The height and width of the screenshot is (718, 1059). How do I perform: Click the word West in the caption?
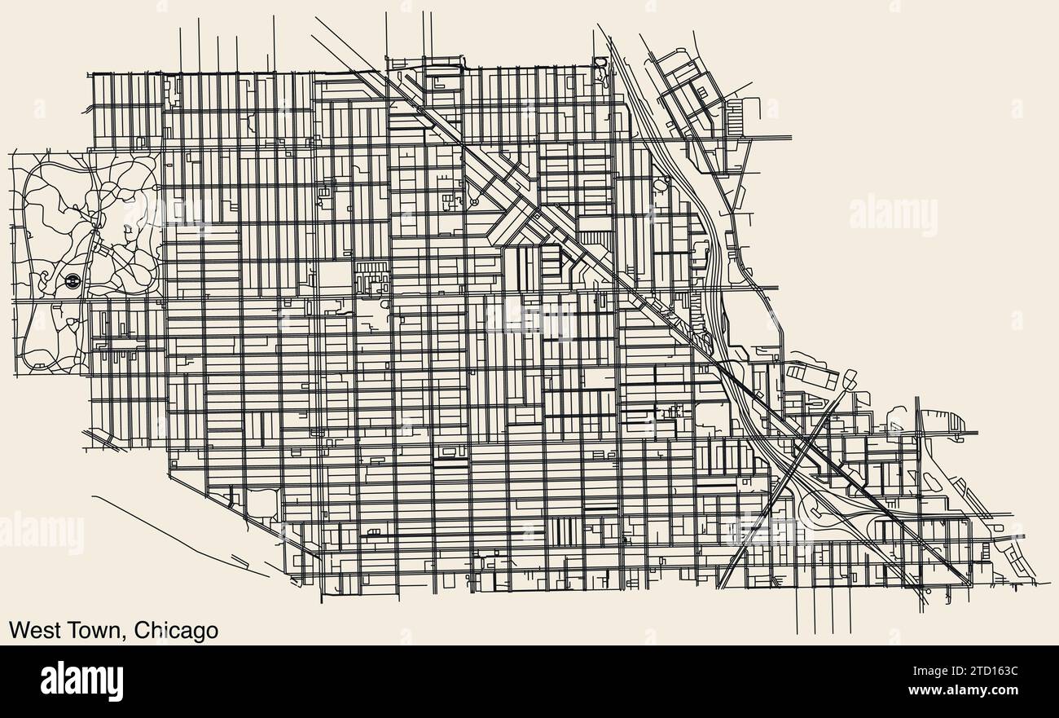click(32, 631)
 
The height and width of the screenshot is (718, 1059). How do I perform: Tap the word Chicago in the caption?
click(176, 632)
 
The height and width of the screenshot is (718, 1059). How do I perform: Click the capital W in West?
click(17, 631)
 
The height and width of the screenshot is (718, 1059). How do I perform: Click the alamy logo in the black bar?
click(81, 681)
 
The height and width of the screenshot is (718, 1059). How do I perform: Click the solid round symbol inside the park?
click(72, 281)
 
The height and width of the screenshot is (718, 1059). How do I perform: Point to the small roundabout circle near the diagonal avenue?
click(472, 200)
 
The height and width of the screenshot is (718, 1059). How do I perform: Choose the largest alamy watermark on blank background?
click(893, 215)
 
